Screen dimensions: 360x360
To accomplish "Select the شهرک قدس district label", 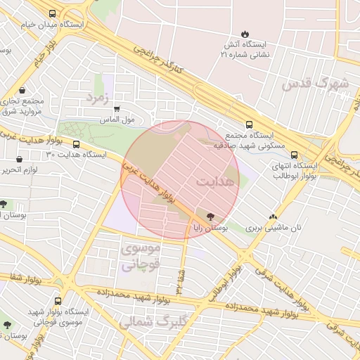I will click(x=315, y=83).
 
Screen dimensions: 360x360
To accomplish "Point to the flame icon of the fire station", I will click(x=244, y=34).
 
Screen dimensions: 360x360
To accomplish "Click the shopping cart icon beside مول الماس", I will click(x=117, y=108).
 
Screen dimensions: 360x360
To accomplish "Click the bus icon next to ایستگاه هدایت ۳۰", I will click(x=76, y=144).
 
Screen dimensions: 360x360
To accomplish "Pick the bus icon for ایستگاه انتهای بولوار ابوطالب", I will click(x=294, y=155).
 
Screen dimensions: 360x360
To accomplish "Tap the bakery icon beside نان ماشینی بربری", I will click(x=273, y=217).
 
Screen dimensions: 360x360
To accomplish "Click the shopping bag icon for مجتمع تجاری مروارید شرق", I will click(x=24, y=90).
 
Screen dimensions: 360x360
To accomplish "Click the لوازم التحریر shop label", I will click(x=19, y=170).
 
